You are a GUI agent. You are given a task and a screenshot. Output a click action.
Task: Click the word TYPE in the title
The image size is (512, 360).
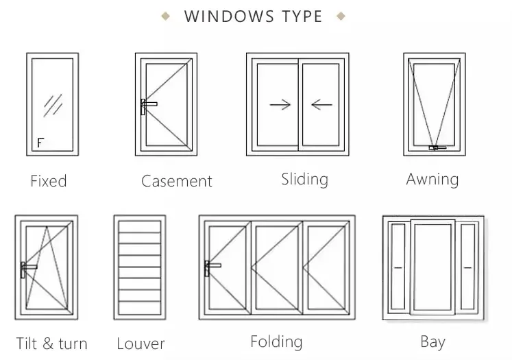click(x=298, y=16)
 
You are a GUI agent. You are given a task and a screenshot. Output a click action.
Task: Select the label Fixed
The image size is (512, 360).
click(x=49, y=181)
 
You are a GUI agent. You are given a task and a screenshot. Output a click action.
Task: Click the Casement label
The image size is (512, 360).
click(x=177, y=181)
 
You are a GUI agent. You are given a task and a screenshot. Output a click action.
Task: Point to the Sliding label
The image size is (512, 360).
click(x=304, y=179)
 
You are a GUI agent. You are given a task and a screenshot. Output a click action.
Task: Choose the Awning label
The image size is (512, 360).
click(x=432, y=179)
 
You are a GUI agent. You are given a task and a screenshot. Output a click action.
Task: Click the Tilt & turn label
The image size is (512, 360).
click(x=52, y=343)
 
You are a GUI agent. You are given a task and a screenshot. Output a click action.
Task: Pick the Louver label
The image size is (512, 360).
click(x=141, y=344)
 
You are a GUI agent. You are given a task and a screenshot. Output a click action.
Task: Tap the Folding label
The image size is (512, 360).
click(x=276, y=341)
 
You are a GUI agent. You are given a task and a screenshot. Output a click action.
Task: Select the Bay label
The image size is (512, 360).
click(x=432, y=341)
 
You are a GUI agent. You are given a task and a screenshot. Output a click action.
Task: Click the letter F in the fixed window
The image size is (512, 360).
click(x=40, y=143)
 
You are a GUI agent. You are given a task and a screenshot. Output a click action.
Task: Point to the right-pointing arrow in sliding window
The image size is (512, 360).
click(x=280, y=105)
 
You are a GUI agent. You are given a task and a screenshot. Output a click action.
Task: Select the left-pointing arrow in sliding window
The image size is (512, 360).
click(x=321, y=105)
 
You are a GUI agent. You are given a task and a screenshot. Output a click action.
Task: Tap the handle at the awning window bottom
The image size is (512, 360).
click(x=436, y=147)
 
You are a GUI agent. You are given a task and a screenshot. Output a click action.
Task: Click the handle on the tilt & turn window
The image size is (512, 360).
click(x=27, y=267)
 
